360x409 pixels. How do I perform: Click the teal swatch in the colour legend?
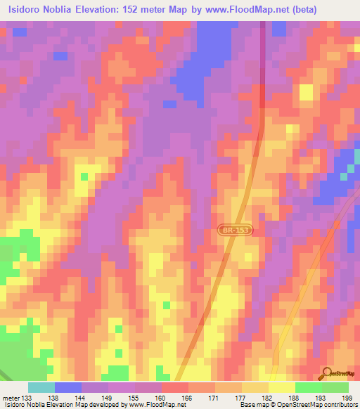41,387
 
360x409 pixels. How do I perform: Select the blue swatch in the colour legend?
68,387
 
